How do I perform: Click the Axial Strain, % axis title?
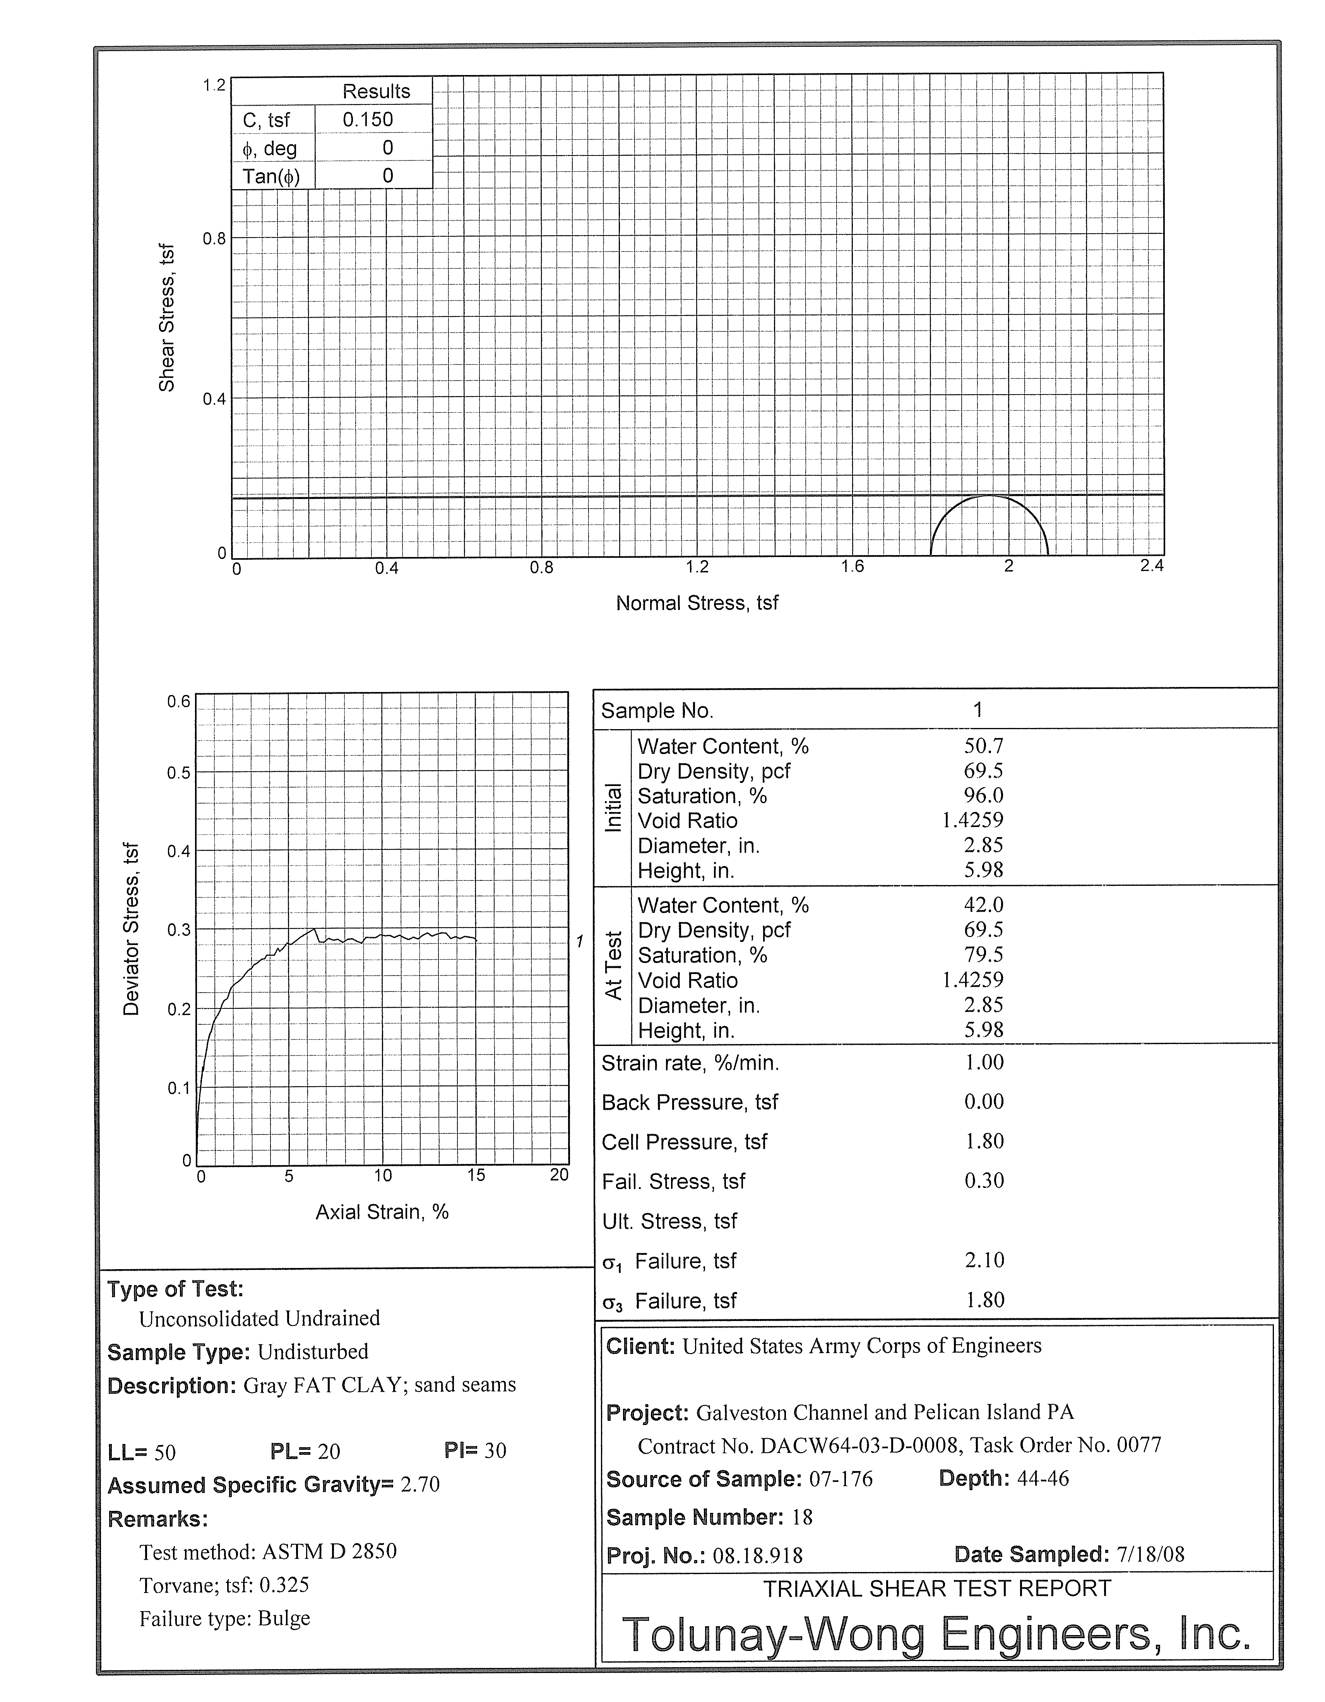click(x=382, y=1212)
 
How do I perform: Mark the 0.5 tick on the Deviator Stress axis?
click(x=178, y=773)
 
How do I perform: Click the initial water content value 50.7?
click(x=984, y=746)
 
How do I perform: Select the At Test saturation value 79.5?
click(x=984, y=955)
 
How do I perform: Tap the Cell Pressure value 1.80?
click(x=984, y=1141)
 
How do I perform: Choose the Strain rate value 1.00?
click(x=984, y=1062)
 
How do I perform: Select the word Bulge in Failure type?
click(x=284, y=1618)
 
